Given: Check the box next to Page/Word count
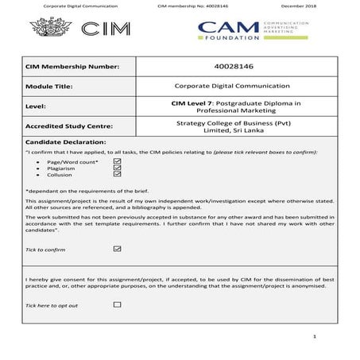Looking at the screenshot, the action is click(x=118, y=160).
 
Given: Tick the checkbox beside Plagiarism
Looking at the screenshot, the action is click(x=118, y=168).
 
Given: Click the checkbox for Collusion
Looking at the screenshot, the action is click(x=118, y=175).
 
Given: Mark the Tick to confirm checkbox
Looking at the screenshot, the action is click(x=118, y=249).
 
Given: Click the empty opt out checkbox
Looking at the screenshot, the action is click(x=118, y=304).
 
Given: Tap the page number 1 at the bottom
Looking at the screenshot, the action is click(x=315, y=337).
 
